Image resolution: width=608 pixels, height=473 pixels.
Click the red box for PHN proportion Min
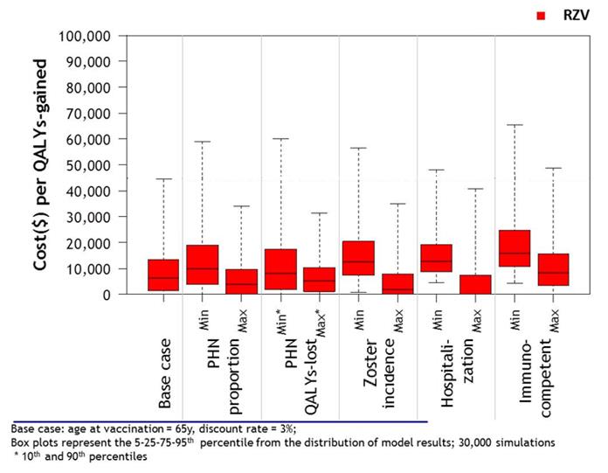point(203,264)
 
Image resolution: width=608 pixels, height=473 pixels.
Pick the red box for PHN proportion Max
point(242,282)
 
